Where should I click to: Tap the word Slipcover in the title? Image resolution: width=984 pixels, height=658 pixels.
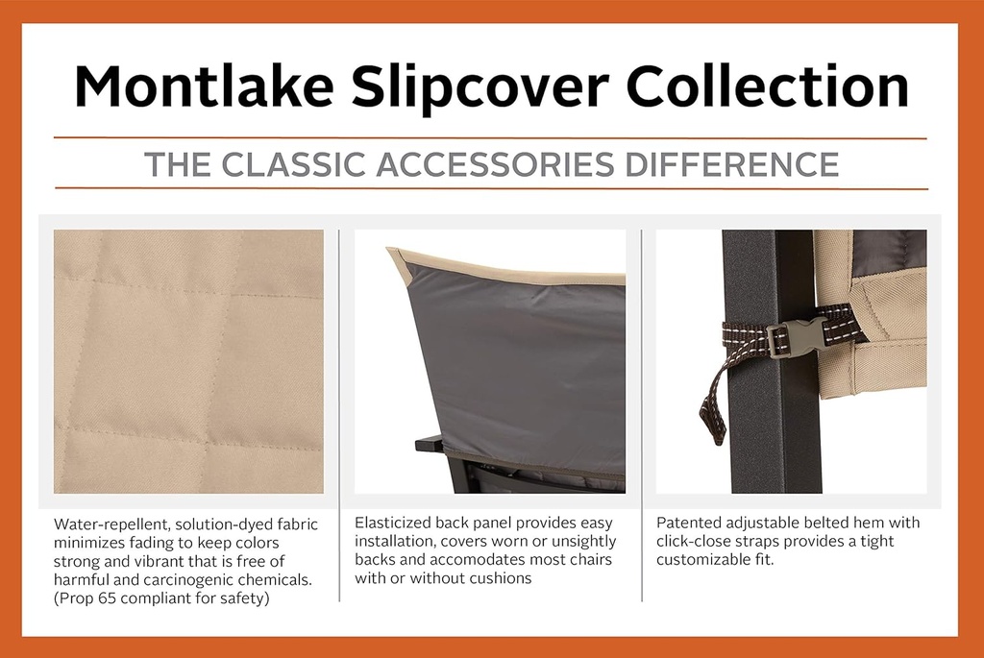click(480, 87)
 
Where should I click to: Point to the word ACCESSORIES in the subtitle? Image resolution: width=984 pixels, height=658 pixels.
click(496, 164)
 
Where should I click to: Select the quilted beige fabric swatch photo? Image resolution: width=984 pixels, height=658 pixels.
click(188, 361)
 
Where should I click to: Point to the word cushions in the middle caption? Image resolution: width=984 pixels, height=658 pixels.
click(501, 578)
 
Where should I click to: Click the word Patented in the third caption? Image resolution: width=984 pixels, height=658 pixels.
click(688, 524)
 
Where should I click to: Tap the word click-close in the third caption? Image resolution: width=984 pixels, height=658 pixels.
click(693, 542)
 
